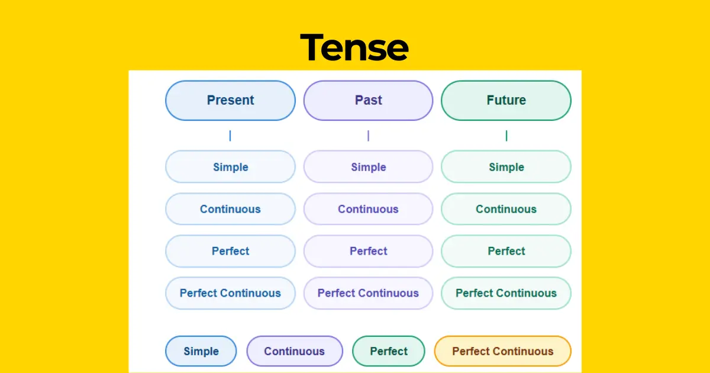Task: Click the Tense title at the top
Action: (x=354, y=47)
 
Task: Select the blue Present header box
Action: (x=230, y=101)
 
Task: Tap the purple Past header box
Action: (x=368, y=101)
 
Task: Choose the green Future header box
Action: (x=506, y=101)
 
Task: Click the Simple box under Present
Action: (x=230, y=167)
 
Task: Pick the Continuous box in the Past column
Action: (x=368, y=209)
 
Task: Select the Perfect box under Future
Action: (x=506, y=251)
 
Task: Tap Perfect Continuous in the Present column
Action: (x=230, y=293)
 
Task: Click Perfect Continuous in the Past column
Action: (x=368, y=293)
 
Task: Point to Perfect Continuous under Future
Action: (x=506, y=293)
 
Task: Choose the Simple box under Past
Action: (x=368, y=167)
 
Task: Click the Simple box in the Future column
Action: (x=506, y=167)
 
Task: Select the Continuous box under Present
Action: (x=230, y=209)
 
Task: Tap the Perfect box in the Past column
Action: (x=368, y=251)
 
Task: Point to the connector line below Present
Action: (x=230, y=136)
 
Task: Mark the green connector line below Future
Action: (x=506, y=136)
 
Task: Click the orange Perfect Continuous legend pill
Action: (x=502, y=351)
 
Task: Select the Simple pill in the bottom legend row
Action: (x=201, y=351)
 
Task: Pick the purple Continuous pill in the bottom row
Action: (x=294, y=351)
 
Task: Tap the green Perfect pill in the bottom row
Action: (x=389, y=351)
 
